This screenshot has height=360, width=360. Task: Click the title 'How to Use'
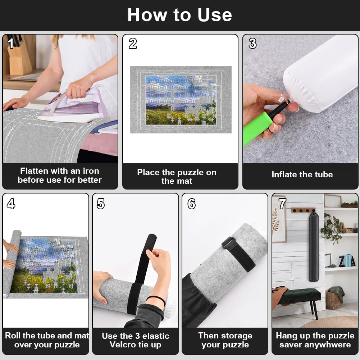click(179, 15)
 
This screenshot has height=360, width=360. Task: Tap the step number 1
click(11, 44)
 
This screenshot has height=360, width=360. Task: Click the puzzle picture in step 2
click(181, 100)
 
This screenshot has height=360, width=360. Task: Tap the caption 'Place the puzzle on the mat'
click(177, 177)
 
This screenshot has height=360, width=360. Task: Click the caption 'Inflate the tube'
click(302, 175)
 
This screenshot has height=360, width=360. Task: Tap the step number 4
click(11, 204)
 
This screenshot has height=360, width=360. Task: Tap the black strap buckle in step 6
click(228, 243)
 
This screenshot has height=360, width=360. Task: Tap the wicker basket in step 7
click(333, 300)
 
